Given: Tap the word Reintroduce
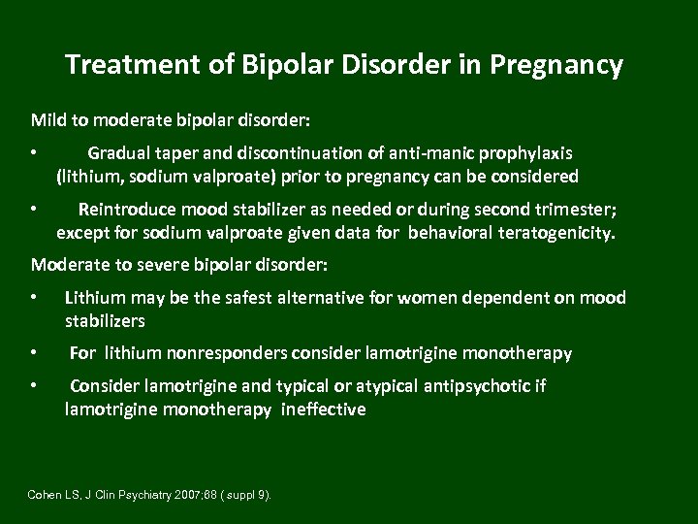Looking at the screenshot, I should [x=127, y=209].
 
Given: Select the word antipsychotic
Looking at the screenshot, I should [x=479, y=386].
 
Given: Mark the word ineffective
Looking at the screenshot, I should [x=324, y=409].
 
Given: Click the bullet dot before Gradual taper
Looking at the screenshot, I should [x=34, y=153].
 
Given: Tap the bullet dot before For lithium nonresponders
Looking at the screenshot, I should [x=34, y=353].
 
